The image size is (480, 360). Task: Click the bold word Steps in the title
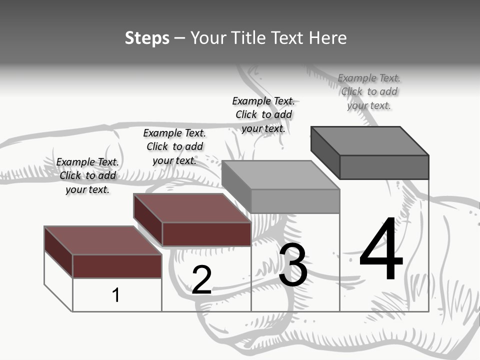147,38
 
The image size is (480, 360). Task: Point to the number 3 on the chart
293,265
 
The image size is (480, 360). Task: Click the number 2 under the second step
201,280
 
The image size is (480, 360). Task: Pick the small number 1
116,295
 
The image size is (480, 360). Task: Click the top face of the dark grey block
370,141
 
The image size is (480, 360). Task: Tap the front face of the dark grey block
384,167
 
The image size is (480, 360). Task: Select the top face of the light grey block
280,175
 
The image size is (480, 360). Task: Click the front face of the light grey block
295,201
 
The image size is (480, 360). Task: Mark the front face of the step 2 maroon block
206,234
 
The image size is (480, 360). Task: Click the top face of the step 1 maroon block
102,240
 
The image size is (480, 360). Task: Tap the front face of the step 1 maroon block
117,266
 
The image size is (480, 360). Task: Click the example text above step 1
87,175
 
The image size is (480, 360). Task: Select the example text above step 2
174,146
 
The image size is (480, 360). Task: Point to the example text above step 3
263,114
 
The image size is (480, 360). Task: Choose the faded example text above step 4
369,91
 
